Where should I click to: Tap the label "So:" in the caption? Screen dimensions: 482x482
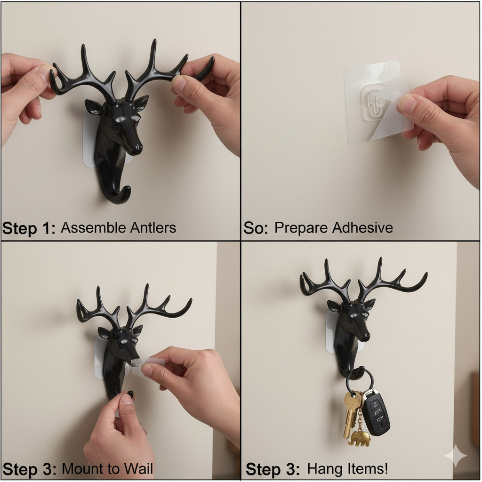pos(255,228)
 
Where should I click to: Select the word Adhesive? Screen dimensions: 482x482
pos(362,228)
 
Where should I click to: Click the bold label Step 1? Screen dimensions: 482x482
pos(29,228)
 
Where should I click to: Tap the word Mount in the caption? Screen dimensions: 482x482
pos(80,469)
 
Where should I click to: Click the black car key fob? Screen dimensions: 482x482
pos(376,412)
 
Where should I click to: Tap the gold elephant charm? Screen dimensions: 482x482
pos(360,438)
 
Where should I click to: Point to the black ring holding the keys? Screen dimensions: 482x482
pos(360,379)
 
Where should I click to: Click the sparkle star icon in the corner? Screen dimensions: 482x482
pos(456,456)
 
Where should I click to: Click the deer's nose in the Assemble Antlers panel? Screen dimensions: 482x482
pos(137,149)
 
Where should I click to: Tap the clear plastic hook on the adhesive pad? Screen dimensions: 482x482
pos(372,101)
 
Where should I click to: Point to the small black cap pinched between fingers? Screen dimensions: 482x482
pos(130,394)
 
